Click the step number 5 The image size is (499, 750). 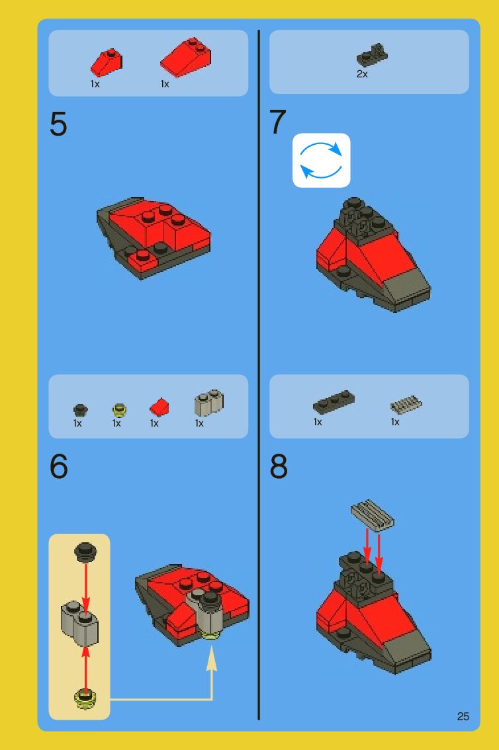58,124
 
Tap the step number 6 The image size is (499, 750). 59,466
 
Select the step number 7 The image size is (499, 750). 278,122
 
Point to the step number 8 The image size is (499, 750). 279,466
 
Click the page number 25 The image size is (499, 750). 463,716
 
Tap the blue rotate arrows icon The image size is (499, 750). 322,160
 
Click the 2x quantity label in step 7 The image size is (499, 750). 362,74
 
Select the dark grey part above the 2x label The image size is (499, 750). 372,55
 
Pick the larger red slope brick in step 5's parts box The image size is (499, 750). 185,58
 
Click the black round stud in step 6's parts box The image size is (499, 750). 80,410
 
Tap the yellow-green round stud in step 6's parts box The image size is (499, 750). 119,410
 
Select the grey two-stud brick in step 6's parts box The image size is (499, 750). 208,403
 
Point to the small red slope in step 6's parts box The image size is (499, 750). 159,407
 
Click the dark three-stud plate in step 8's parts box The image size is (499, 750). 334,402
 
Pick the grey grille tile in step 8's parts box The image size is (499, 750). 406,405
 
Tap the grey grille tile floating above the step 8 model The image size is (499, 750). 372,516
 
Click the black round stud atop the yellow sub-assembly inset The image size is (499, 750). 85,552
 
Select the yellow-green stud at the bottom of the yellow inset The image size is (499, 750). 85,698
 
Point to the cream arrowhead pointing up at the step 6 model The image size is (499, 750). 212,659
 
